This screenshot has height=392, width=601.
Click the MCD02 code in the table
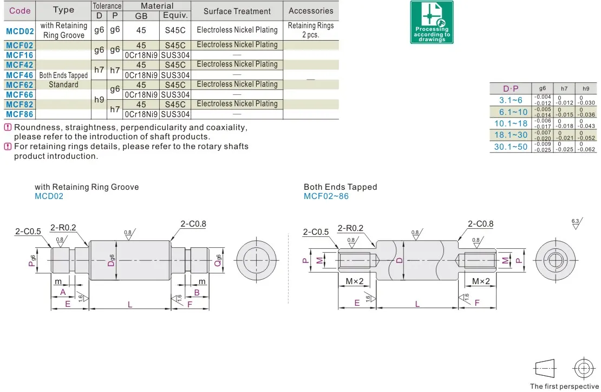(20, 31)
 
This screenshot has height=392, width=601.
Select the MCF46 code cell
(19, 75)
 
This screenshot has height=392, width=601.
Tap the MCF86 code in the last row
(19, 114)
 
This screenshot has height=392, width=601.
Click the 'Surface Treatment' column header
(237, 11)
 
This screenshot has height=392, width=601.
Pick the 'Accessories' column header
(311, 11)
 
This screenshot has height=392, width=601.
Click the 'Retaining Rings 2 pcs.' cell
(311, 30)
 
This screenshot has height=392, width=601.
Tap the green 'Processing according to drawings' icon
(432, 22)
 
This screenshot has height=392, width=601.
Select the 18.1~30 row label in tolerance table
(511, 135)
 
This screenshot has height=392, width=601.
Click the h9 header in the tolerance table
(586, 88)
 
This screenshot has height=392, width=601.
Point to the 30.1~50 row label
(511, 147)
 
